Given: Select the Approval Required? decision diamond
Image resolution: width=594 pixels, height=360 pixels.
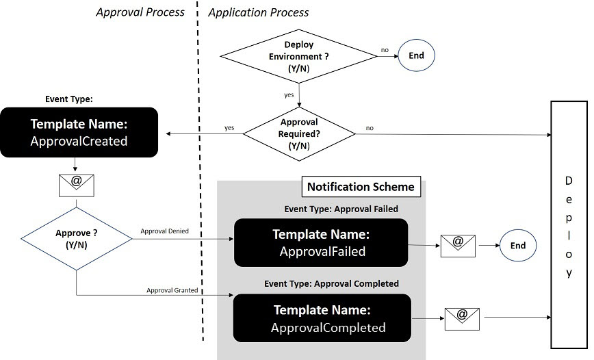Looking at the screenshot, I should point(299,133).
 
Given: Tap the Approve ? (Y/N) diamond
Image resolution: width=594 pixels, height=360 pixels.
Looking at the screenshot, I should point(76,237).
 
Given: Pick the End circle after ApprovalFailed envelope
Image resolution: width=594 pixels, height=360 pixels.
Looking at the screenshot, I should point(518,245).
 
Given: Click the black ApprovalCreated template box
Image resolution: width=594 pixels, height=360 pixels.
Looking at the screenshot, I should point(79,132).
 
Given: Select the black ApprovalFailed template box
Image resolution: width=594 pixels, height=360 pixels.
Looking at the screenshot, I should point(321,242).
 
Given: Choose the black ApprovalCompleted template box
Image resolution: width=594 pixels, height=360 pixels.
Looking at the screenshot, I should point(321,318).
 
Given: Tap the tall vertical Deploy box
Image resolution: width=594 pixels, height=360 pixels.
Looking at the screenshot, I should point(569,225).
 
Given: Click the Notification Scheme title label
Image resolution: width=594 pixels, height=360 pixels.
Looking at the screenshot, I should point(361,187).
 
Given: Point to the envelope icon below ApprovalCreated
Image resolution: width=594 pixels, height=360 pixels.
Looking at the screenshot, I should point(77,184).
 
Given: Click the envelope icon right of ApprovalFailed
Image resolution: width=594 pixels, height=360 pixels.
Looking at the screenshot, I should point(458,244).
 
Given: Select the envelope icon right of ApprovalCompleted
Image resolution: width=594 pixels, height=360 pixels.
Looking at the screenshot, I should point(462,318).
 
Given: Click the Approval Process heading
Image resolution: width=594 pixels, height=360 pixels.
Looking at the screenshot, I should point(140,12).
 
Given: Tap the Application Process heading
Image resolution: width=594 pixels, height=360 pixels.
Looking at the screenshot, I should point(258,12).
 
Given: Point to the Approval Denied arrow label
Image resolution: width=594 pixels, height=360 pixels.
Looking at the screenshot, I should point(164,231).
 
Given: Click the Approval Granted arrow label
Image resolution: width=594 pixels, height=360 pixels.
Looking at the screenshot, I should point(172,290).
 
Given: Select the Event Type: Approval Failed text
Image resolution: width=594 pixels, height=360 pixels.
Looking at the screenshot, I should point(341,209).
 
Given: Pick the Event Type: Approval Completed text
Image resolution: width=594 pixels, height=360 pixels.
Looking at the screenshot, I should point(331,283).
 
